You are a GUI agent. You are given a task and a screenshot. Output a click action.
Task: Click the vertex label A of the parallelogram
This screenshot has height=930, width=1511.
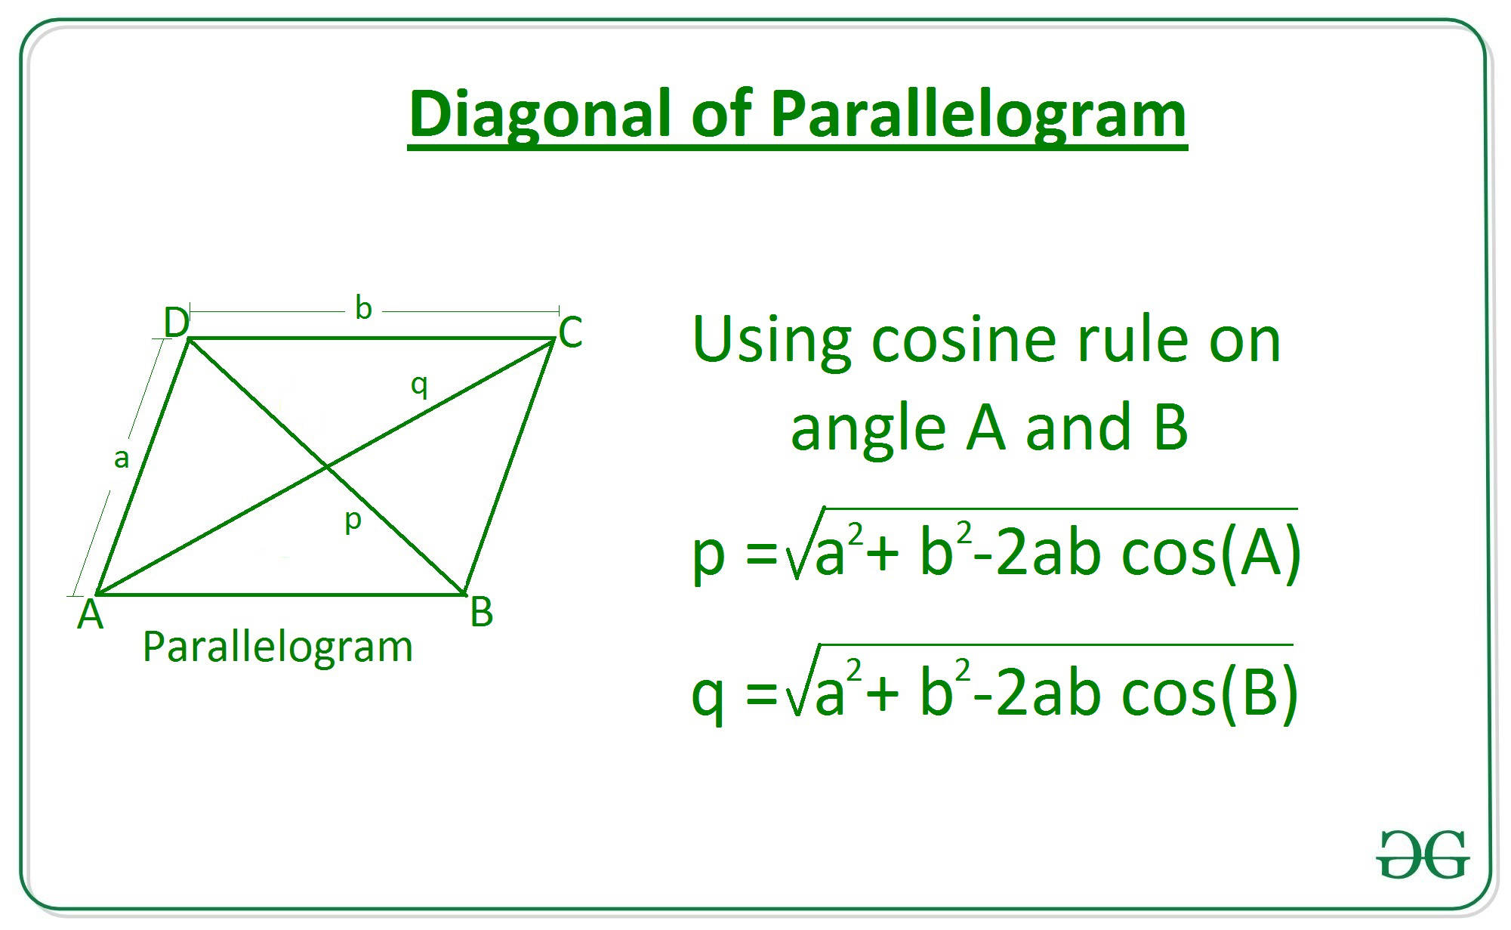90,615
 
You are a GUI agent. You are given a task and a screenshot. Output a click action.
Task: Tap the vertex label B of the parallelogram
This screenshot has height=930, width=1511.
481,612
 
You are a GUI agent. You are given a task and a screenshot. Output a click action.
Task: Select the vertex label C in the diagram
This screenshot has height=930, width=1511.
570,332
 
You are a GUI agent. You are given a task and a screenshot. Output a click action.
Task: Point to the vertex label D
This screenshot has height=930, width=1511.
176,323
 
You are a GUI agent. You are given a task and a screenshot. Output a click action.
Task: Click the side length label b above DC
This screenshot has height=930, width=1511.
363,307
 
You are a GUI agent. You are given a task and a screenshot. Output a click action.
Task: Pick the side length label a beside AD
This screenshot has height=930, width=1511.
121,458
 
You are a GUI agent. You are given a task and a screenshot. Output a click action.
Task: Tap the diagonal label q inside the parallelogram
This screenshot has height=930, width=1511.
419,385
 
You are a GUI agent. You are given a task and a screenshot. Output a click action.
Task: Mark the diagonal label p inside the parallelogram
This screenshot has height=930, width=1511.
353,521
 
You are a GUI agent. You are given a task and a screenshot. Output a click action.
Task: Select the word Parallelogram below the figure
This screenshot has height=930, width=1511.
277,647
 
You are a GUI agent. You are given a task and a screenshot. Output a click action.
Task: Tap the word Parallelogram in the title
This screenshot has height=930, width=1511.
979,115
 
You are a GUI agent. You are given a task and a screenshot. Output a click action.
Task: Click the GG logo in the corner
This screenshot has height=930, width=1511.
1423,854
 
